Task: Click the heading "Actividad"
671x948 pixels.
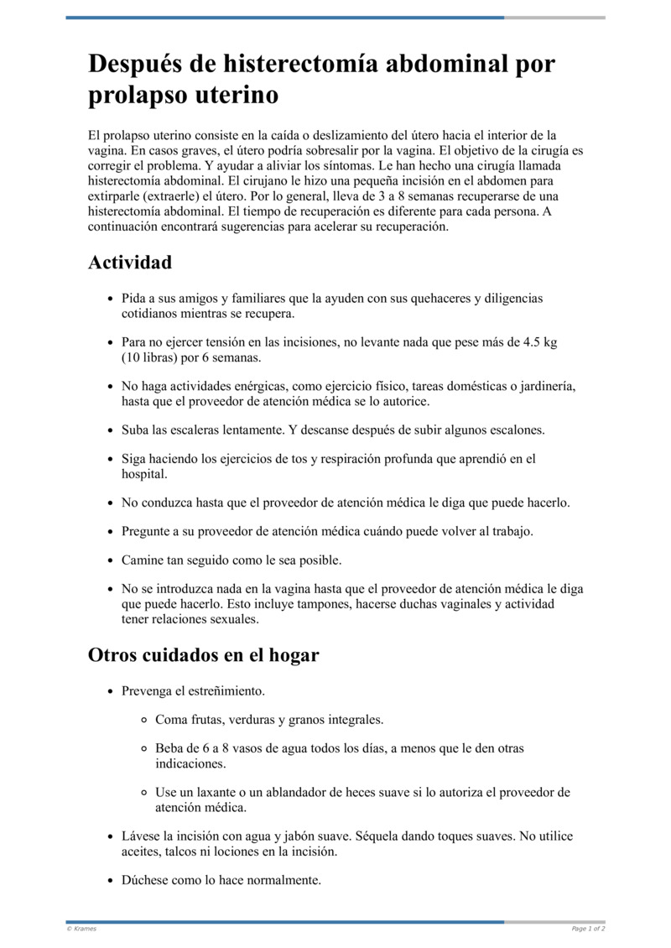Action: (x=130, y=263)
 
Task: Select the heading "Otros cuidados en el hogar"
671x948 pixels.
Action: (x=204, y=655)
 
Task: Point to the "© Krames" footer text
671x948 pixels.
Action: (x=81, y=929)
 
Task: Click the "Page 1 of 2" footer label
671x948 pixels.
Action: (x=588, y=929)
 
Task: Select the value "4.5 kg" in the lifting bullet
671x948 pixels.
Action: (x=539, y=342)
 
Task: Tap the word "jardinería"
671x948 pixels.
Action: (x=545, y=386)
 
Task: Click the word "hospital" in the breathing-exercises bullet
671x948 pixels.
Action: (x=143, y=474)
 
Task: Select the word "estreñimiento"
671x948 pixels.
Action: (x=224, y=692)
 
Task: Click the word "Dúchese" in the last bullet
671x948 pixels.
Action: (x=147, y=881)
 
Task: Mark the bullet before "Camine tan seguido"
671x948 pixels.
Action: (x=112, y=560)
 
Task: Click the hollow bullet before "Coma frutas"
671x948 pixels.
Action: (x=145, y=721)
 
